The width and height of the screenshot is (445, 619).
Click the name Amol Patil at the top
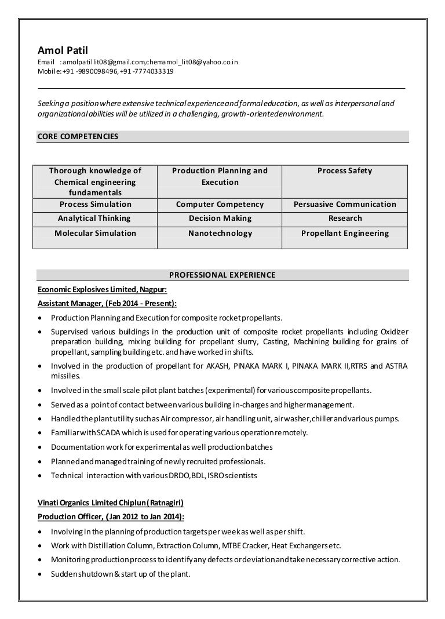click(x=60, y=50)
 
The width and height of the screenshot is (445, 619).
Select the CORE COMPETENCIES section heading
click(x=78, y=137)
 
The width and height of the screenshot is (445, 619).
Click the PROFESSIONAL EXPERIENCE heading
click(x=222, y=275)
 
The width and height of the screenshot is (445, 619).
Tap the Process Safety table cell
click(x=345, y=171)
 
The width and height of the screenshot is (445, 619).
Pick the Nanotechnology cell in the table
click(x=220, y=234)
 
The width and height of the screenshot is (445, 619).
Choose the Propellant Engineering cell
click(x=345, y=234)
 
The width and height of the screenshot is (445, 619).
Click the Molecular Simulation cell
click(x=95, y=234)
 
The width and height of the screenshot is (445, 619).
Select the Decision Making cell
click(x=220, y=219)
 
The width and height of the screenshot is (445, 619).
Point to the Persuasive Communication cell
click(x=345, y=204)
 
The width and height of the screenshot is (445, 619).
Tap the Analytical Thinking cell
click(x=94, y=219)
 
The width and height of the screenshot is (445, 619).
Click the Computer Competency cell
click(x=220, y=204)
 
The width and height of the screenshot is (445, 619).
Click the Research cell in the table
click(x=345, y=219)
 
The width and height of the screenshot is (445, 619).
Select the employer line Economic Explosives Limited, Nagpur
click(x=102, y=289)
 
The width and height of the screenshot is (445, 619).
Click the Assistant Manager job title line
click(x=107, y=303)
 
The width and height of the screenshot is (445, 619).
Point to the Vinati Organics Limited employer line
click(x=111, y=503)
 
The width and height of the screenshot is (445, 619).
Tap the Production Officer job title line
click(x=111, y=516)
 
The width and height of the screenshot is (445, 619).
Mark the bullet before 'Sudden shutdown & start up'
click(x=39, y=574)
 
